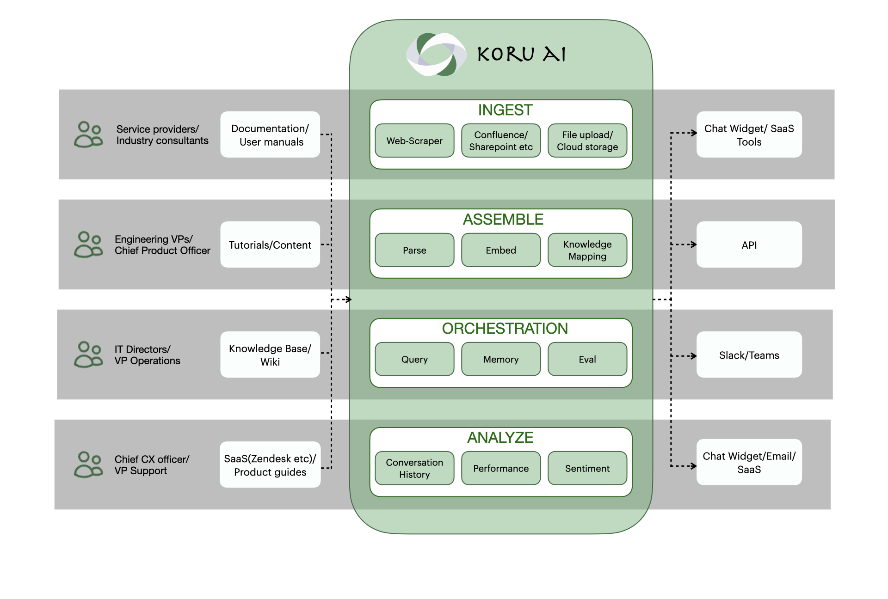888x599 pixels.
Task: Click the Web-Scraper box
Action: pyautogui.click(x=414, y=141)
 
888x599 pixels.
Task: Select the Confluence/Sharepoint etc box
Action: pyautogui.click(x=501, y=141)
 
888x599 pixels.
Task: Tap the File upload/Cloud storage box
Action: pyautogui.click(x=587, y=141)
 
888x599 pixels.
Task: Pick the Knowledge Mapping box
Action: pyautogui.click(x=587, y=250)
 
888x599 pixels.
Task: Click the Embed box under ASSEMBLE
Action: pyautogui.click(x=501, y=250)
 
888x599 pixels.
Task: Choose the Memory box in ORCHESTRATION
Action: pyautogui.click(x=501, y=359)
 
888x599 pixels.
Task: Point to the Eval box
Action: pyautogui.click(x=587, y=359)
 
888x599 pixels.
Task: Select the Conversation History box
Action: pyautogui.click(x=414, y=468)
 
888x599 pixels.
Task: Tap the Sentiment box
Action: pyautogui.click(x=587, y=468)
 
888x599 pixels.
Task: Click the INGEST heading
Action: pyautogui.click(x=505, y=110)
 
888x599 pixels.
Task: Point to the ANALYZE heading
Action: pyautogui.click(x=500, y=437)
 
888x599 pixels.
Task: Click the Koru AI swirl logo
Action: pyautogui.click(x=436, y=55)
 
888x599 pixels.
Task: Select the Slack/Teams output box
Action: pyautogui.click(x=749, y=355)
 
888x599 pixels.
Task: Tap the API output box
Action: pyautogui.click(x=749, y=245)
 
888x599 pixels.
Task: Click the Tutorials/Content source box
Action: pyautogui.click(x=270, y=245)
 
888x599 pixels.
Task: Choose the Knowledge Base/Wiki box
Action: pyautogui.click(x=270, y=355)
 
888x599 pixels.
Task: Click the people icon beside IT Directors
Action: pyautogui.click(x=88, y=355)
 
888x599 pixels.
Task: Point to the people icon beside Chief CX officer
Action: pyautogui.click(x=88, y=465)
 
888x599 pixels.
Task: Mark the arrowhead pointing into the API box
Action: pyautogui.click(x=693, y=244)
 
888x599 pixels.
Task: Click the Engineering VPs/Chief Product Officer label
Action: pyautogui.click(x=162, y=245)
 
